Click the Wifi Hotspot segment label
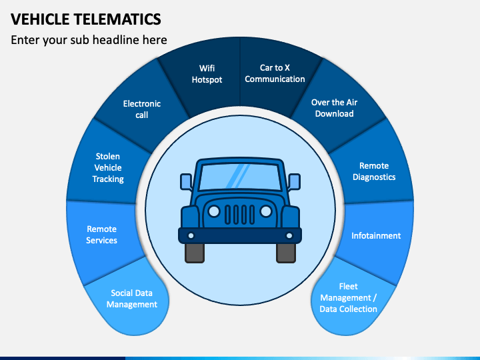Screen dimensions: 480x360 (x=207, y=74)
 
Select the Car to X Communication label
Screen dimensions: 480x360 (x=275, y=73)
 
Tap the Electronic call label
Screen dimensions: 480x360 (x=142, y=109)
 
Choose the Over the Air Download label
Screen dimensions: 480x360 (x=334, y=108)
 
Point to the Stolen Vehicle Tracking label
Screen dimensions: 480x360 (x=108, y=167)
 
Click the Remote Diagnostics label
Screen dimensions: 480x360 (x=374, y=171)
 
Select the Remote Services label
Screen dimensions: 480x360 (x=101, y=235)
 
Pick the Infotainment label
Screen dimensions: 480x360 (x=376, y=235)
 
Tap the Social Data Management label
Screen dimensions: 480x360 (x=131, y=299)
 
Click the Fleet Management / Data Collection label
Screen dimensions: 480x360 (x=349, y=297)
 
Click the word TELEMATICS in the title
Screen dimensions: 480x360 (x=117, y=19)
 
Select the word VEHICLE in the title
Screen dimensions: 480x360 (x=40, y=19)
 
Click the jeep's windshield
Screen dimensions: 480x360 (x=240, y=177)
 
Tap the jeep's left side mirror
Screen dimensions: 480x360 (x=186, y=181)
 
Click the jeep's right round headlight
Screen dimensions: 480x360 (x=266, y=211)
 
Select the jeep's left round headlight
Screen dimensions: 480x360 (x=214, y=211)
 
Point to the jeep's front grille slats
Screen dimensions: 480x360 (x=240, y=215)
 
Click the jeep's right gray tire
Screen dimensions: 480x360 (x=286, y=253)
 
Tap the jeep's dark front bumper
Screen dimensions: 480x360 (x=240, y=236)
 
